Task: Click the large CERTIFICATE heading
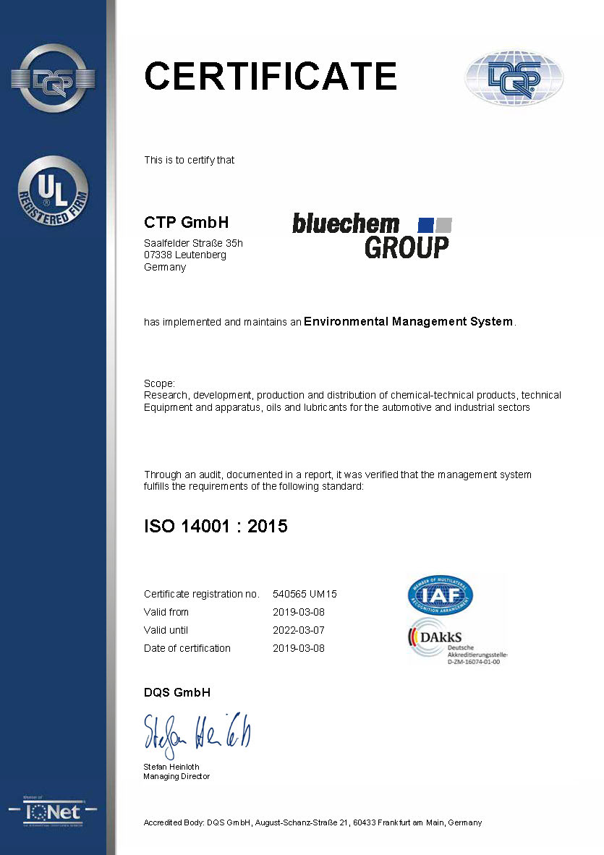click(271, 76)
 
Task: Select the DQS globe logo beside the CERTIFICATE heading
click(514, 77)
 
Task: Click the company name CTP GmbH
click(186, 222)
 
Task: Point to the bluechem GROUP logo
click(372, 236)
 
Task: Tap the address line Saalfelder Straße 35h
click(193, 243)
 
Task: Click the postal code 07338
click(158, 255)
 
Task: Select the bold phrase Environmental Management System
click(409, 321)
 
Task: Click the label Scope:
click(159, 383)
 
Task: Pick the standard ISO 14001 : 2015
click(216, 526)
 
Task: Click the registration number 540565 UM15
click(305, 594)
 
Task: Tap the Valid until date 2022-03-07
click(298, 630)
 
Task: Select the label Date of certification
click(187, 648)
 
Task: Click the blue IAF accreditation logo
click(440, 595)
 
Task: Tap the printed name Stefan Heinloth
click(171, 766)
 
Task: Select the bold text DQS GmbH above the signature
click(177, 692)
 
